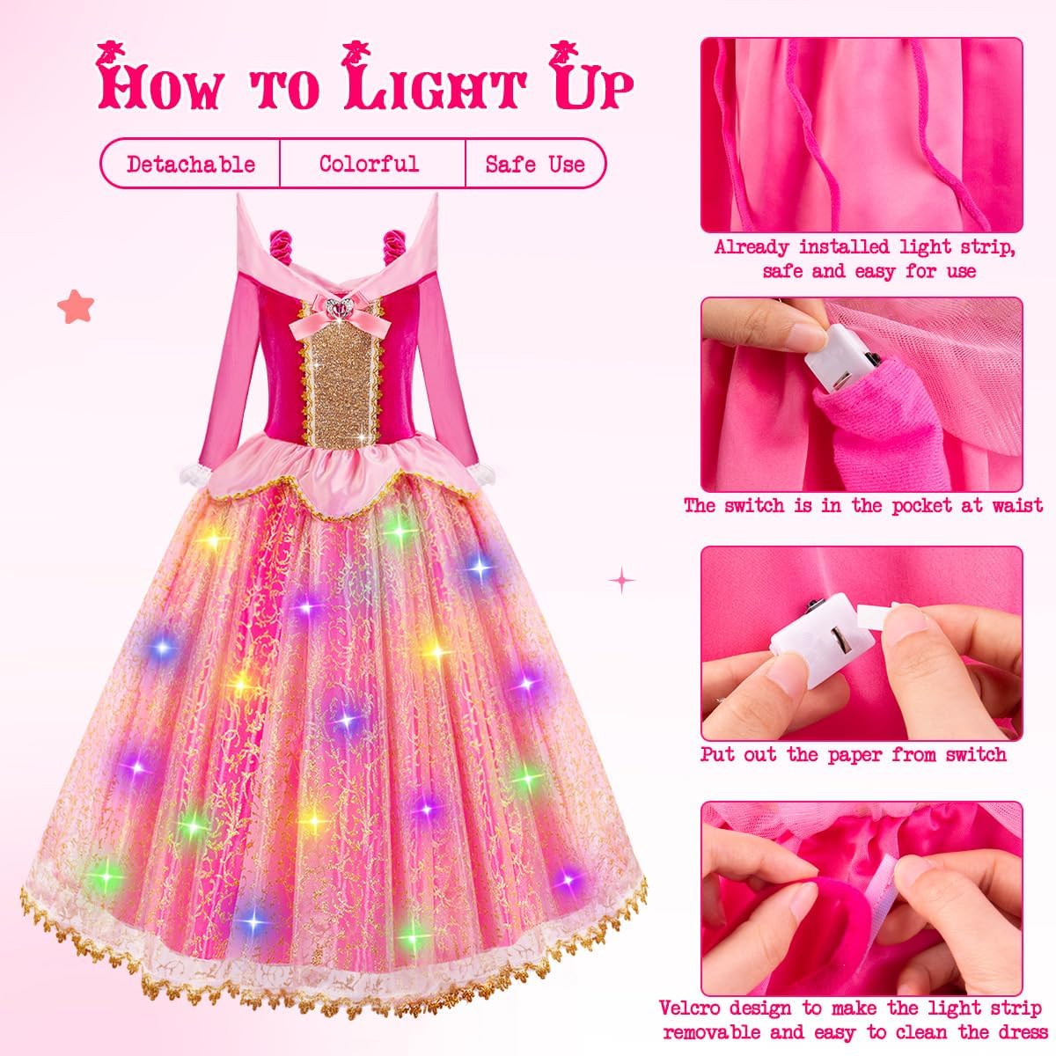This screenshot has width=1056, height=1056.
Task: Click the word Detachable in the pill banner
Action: tap(191, 164)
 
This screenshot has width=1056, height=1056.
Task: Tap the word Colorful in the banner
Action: tap(370, 164)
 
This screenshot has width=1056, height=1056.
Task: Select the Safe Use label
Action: tap(535, 164)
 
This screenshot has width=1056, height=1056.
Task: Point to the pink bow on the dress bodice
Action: tap(341, 317)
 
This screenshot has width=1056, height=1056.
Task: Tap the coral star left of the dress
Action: tap(76, 305)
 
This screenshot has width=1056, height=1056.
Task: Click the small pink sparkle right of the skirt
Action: tap(622, 580)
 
